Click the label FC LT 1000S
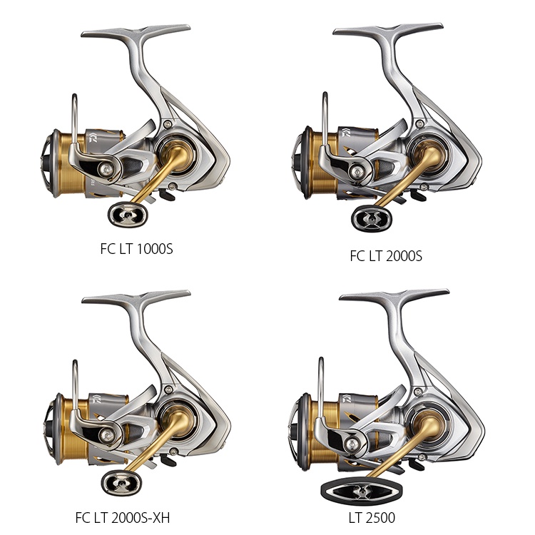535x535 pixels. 136,249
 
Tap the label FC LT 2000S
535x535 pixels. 386,256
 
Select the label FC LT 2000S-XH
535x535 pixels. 123,518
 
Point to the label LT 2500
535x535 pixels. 372,518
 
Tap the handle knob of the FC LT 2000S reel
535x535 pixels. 371,219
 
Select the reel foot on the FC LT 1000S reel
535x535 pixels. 136,31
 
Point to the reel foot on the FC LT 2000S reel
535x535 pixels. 388,30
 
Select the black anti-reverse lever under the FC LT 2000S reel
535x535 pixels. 417,196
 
